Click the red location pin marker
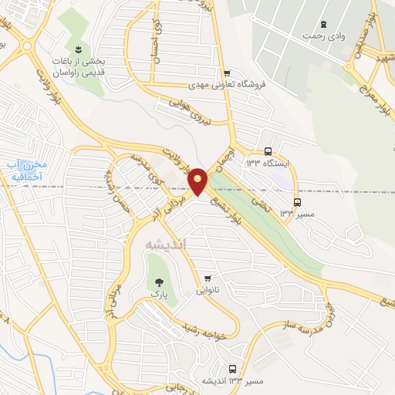tap(197, 181)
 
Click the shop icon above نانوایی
tap(206, 278)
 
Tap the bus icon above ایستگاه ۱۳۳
tap(268, 151)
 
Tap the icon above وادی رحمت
tap(323, 24)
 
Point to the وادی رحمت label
tap(324, 36)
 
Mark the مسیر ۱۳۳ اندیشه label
tap(232, 381)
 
